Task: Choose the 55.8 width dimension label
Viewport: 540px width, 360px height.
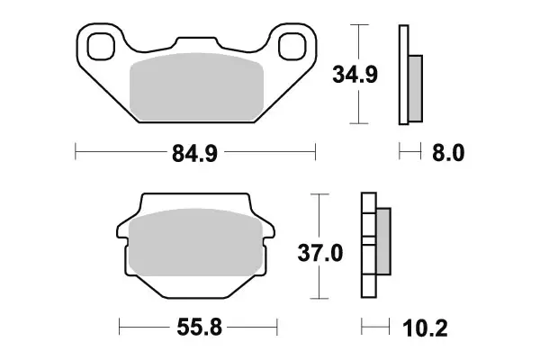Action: click(x=199, y=326)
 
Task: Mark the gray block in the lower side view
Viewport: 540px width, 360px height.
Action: click(x=382, y=240)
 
